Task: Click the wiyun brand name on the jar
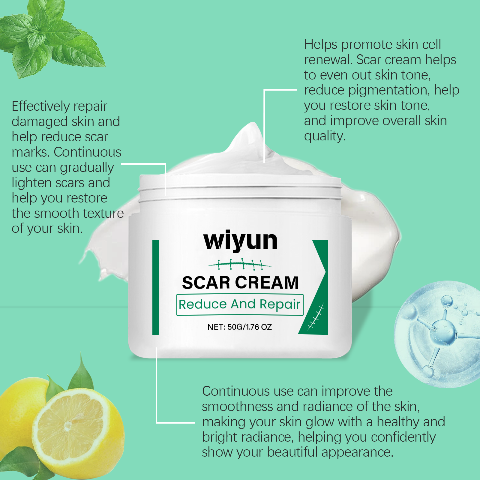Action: click(x=240, y=241)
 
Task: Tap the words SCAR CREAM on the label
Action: click(x=240, y=283)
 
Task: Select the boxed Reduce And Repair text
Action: click(x=240, y=304)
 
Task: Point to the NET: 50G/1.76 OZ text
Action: click(x=239, y=327)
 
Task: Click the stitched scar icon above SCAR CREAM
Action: click(x=240, y=264)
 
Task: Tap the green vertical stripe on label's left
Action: click(x=155, y=287)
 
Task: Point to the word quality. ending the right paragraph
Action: click(x=325, y=136)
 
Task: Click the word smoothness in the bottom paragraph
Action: click(x=237, y=407)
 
